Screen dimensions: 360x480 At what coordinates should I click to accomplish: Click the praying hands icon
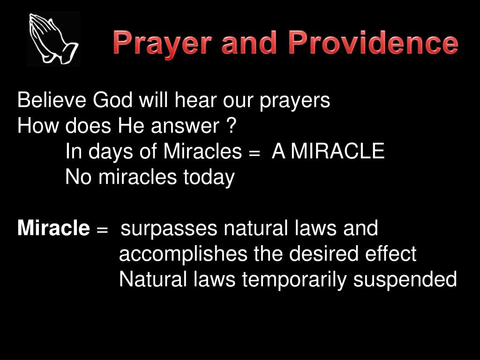coord(53,39)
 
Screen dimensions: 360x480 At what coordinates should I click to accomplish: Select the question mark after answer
coord(230,126)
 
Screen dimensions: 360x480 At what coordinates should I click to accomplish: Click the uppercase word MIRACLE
coord(337,151)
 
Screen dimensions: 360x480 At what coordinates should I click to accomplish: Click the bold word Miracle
coord(53,229)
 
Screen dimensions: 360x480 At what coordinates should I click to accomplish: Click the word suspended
coord(405,280)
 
